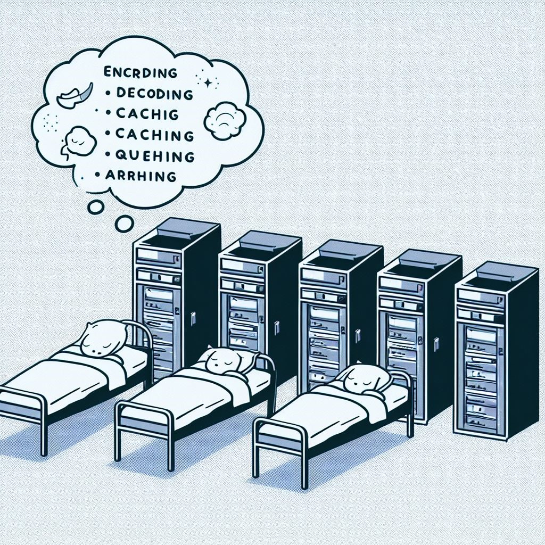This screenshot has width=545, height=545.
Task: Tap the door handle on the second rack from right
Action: tap(436, 344)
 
